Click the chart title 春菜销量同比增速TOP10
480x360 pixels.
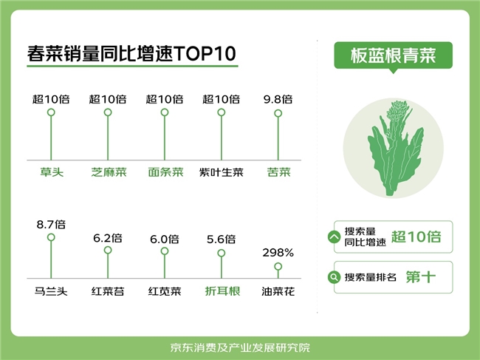[131, 54]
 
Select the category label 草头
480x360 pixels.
[52, 172]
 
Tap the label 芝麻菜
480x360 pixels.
[109, 172]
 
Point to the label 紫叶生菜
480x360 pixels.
[222, 172]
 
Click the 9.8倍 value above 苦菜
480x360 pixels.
[278, 99]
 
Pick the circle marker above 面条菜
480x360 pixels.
[165, 112]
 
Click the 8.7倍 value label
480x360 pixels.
[51, 225]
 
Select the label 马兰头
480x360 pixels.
[51, 291]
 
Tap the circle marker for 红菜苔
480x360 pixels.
[108, 251]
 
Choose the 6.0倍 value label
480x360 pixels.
[165, 239]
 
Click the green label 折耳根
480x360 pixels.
[222, 291]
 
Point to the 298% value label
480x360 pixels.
[278, 253]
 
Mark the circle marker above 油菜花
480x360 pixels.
[278, 267]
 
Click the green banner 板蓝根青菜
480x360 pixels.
[394, 55]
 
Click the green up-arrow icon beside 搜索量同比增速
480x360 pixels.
[334, 237]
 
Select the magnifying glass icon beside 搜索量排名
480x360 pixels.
[334, 277]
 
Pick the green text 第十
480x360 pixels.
[421, 277]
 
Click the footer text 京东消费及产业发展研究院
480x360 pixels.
[240, 347]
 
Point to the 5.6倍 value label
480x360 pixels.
[222, 239]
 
